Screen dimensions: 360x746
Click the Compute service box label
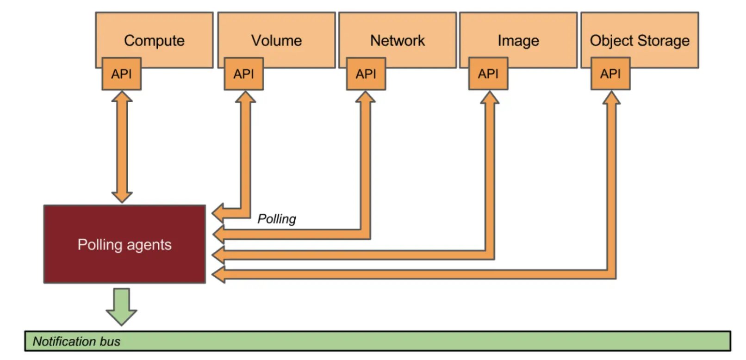154,41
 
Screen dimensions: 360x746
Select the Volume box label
276,41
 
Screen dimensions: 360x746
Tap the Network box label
397,41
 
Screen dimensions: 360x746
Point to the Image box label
518,41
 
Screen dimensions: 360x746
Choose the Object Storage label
640,41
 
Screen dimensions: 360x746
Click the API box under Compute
121,74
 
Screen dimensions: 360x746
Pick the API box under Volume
243,74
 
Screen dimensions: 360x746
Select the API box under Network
366,74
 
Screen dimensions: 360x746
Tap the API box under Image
488,74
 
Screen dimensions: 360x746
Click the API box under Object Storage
610,74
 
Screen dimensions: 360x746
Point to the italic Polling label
277,219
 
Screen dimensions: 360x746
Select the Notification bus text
76,341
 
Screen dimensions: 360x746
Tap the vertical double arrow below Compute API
122,147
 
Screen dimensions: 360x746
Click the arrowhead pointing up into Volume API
245,97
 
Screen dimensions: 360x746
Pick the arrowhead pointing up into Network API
365,97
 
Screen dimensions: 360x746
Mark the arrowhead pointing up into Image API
489,97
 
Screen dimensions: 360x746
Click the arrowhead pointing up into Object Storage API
611,97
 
